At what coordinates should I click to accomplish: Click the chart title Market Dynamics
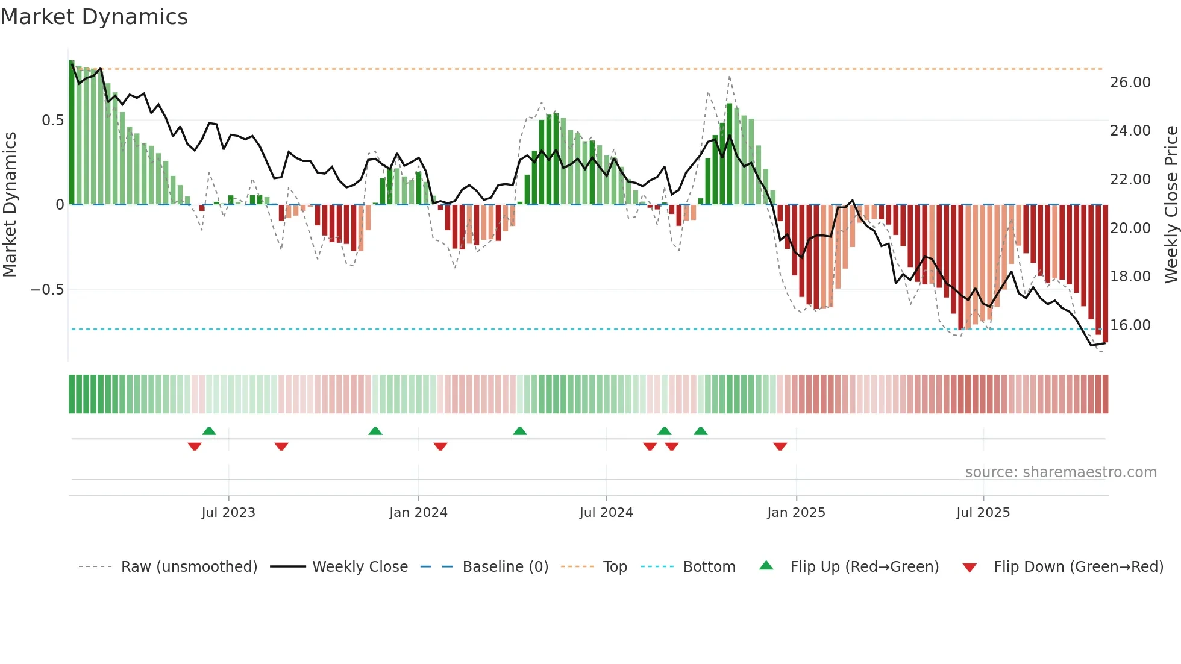click(95, 17)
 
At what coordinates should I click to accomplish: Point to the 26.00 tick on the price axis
click(1130, 83)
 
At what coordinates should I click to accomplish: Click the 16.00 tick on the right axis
click(1130, 325)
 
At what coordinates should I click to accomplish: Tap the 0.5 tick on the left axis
click(52, 121)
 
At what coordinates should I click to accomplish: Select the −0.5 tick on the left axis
click(47, 290)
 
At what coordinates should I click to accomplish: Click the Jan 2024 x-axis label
click(418, 513)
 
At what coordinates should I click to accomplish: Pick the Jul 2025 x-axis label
click(983, 513)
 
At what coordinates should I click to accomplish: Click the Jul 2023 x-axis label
click(228, 513)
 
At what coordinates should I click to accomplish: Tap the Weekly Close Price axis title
click(1171, 205)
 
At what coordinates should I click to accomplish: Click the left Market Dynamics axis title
click(10, 205)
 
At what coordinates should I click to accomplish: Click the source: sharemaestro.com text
click(1060, 472)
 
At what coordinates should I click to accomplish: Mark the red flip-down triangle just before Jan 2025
click(780, 446)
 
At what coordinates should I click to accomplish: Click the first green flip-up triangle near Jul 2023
click(209, 431)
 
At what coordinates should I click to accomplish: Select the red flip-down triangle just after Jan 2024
click(440, 446)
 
